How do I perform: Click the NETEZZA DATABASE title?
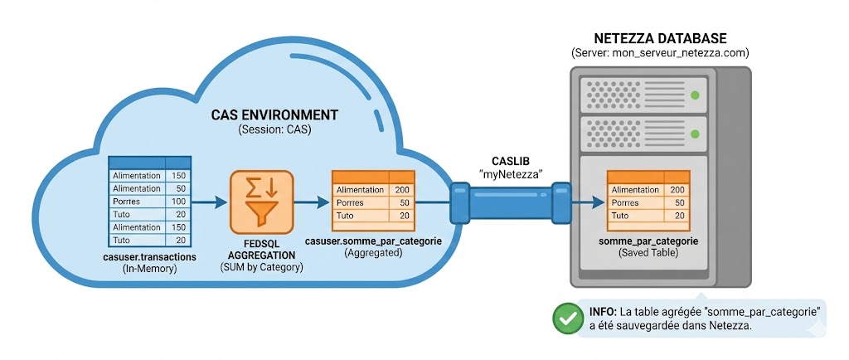(661, 38)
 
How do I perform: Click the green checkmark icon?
(567, 319)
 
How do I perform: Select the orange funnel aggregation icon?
(261, 202)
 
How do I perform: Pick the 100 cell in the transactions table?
(178, 202)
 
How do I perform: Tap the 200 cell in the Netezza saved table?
(677, 190)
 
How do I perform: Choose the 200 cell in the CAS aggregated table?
(401, 190)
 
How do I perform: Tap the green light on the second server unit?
(695, 133)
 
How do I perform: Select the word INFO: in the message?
(602, 311)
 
